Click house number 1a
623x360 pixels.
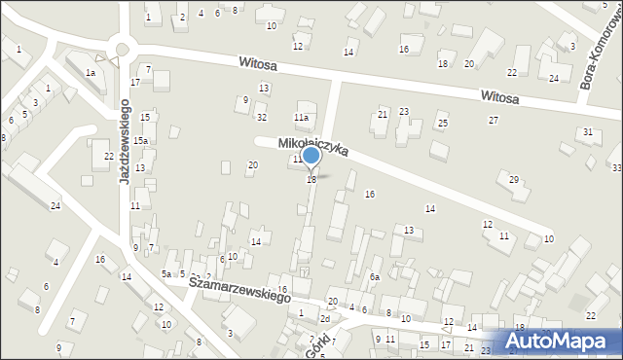(x=91, y=72)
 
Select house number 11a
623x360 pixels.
(x=303, y=119)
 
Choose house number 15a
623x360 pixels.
(x=141, y=142)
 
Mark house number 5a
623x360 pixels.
(x=166, y=275)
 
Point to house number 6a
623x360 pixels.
(x=374, y=277)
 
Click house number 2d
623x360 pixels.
(x=326, y=319)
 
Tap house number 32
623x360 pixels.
(x=262, y=118)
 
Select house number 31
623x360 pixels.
(x=587, y=131)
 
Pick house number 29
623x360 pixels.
(x=514, y=178)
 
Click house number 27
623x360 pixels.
(x=494, y=120)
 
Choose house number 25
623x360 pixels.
(x=442, y=124)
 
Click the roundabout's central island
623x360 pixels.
(x=123, y=50)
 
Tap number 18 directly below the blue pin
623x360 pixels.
(x=311, y=180)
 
